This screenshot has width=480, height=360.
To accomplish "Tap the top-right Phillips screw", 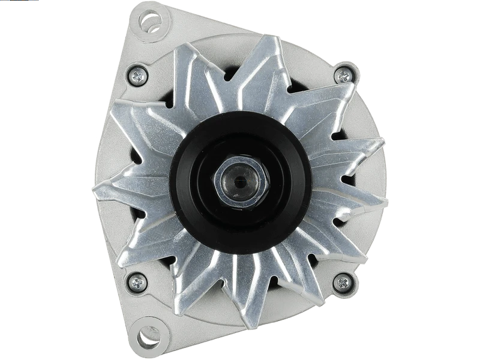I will click(343, 75).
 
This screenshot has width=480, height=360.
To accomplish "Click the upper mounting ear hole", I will click(148, 23).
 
